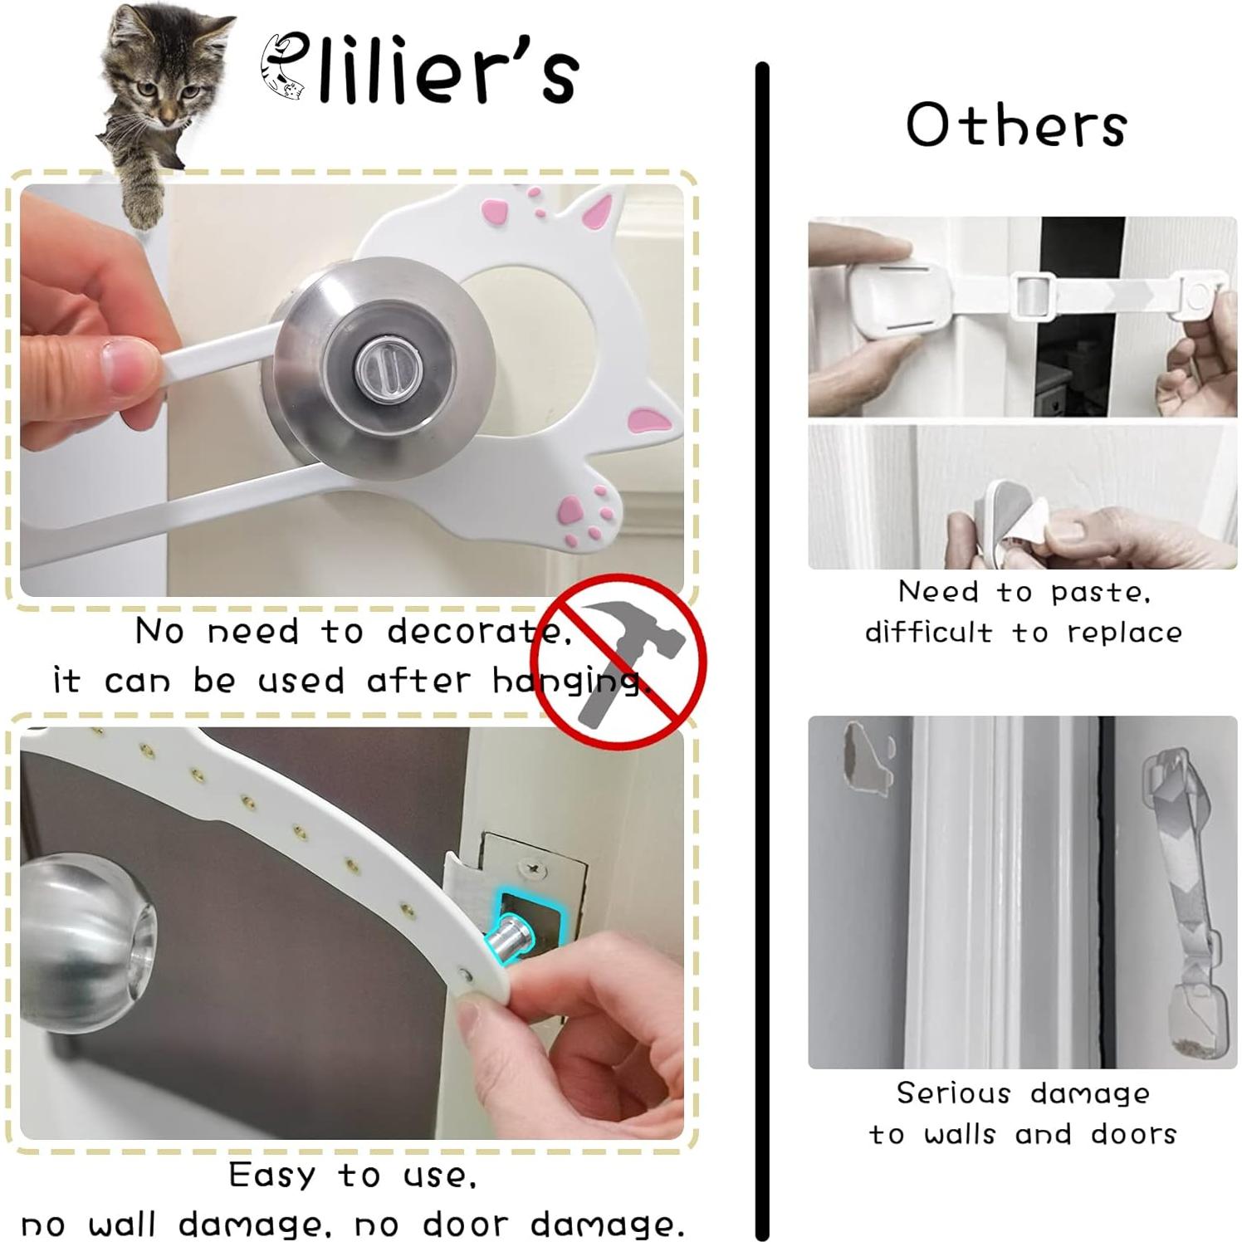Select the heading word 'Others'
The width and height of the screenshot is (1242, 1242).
click(1016, 125)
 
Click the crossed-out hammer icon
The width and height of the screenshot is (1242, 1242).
click(619, 662)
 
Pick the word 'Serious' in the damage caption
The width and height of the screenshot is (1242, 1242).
click(953, 1093)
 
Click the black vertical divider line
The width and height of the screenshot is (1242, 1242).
click(762, 648)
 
